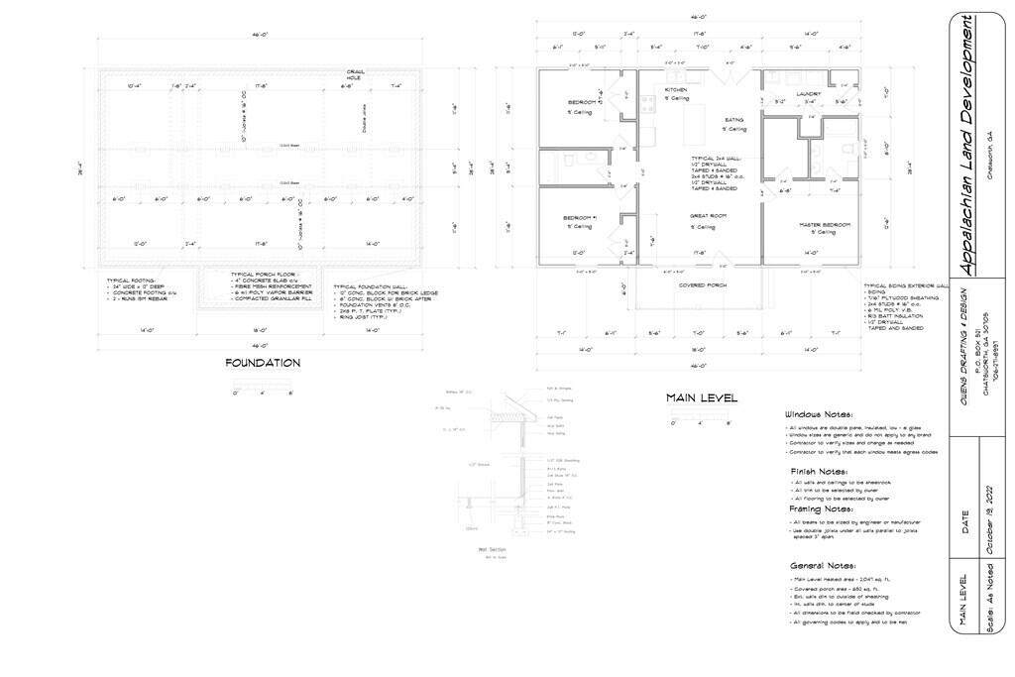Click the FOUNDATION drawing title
pos(263,363)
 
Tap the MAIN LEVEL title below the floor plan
pos(703,398)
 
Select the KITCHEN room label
pos(677,90)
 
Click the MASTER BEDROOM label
pos(825,225)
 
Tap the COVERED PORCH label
pos(702,285)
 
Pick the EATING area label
pos(733,119)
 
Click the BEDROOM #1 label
pos(581,217)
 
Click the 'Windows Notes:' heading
pos(819,414)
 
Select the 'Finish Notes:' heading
pos(818,471)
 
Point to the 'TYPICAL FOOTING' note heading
pos(134,281)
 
